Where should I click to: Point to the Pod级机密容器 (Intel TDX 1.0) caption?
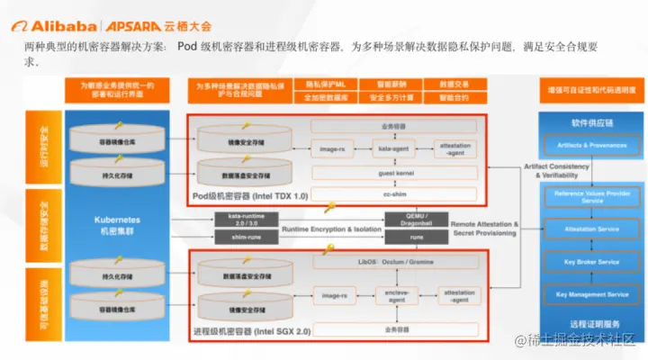tap(250, 195)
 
